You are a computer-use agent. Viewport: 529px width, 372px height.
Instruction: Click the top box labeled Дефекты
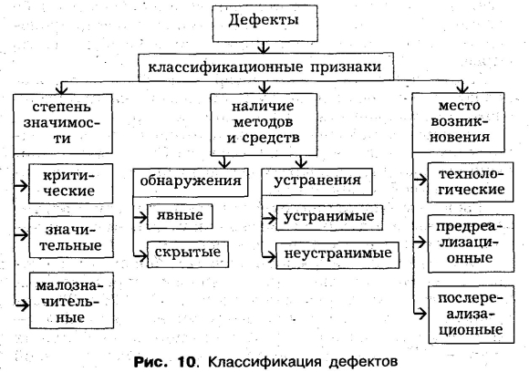264,24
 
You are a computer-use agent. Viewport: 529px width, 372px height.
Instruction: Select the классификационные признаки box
266,67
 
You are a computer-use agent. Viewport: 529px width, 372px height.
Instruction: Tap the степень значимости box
63,124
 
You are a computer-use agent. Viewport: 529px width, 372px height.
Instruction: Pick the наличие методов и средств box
264,124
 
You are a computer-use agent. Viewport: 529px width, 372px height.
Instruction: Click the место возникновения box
459,122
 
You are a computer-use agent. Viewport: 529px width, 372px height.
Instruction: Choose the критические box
70,184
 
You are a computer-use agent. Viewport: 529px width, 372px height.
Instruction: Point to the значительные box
71,237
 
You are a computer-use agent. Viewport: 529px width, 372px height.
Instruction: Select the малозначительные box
71,301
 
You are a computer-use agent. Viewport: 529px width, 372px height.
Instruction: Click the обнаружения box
191,182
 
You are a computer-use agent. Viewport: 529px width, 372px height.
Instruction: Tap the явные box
180,216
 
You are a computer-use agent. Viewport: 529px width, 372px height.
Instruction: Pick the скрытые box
188,254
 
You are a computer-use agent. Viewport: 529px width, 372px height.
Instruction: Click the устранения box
317,181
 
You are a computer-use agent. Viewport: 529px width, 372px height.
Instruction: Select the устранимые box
329,218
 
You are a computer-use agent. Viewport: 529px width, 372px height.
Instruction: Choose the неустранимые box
337,255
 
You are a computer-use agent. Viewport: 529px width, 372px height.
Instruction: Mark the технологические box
471,182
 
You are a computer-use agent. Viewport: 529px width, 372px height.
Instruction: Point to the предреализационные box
471,243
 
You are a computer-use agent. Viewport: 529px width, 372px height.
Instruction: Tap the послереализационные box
472,315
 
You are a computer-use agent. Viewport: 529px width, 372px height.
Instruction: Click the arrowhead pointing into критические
24,185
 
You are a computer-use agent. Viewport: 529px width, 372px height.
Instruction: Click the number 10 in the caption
187,363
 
